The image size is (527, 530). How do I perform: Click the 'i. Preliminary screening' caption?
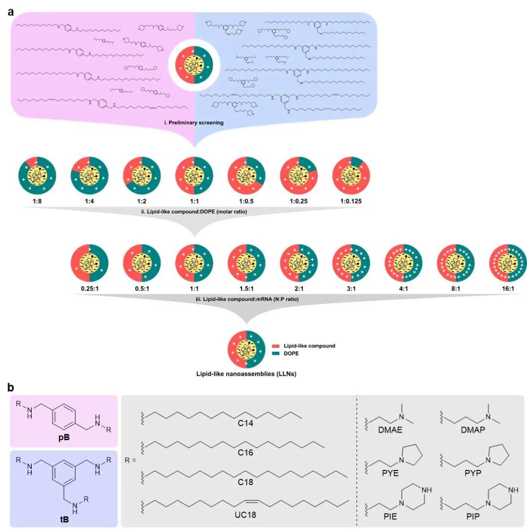[194, 123]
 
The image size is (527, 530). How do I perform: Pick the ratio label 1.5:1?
[246, 284]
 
